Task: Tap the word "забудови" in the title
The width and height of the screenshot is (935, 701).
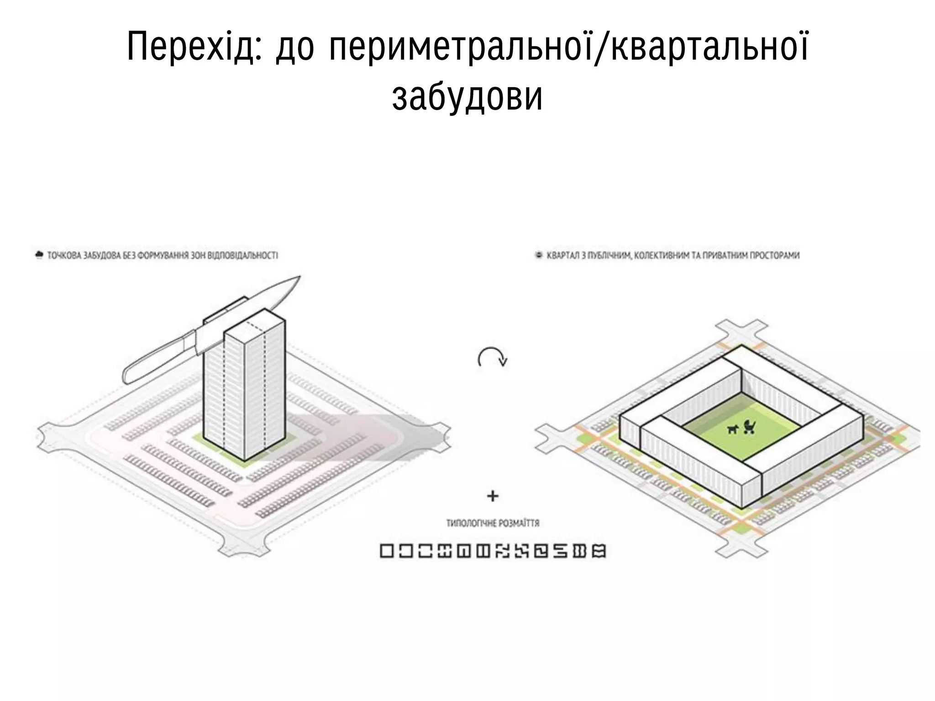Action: pyautogui.click(x=467, y=97)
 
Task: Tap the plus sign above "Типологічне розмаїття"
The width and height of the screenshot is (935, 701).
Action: pyautogui.click(x=492, y=496)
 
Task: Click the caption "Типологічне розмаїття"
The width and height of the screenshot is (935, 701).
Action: pyautogui.click(x=493, y=523)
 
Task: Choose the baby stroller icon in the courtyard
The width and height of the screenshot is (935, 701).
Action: pyautogui.click(x=749, y=427)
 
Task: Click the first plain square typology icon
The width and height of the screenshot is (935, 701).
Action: pyautogui.click(x=387, y=551)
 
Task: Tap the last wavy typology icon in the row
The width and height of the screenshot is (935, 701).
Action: pyautogui.click(x=599, y=551)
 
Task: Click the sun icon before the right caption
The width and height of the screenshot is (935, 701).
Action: pyautogui.click(x=539, y=256)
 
